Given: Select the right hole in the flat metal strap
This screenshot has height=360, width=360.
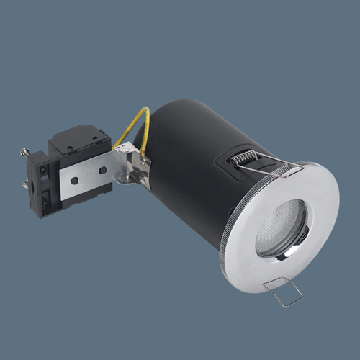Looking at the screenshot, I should (x=103, y=170).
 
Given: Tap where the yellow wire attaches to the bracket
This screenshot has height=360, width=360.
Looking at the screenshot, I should (x=144, y=152).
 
